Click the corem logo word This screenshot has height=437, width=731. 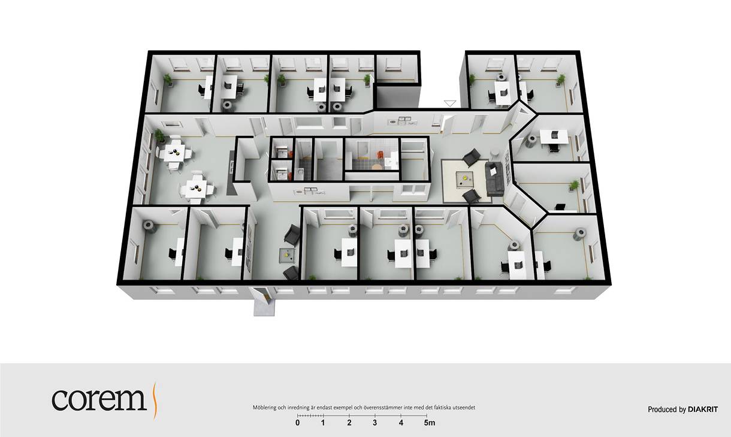tap(99, 399)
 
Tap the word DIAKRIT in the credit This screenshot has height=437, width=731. tap(703, 409)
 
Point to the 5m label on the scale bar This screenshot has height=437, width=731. tap(430, 423)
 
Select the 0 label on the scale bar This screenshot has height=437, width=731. tap(297, 423)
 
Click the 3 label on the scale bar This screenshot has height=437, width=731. tap(375, 423)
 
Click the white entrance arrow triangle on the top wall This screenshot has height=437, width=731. tap(450, 104)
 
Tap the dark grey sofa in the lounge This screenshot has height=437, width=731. tap(495, 179)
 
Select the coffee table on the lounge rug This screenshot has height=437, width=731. tap(464, 180)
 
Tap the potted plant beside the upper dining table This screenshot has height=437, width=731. tap(159, 136)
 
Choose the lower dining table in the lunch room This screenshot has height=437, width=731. tap(196, 189)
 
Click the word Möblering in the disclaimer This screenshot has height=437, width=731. tap(264, 408)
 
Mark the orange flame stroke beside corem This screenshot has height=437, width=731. tap(155, 401)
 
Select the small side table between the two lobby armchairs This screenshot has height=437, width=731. tap(287, 254)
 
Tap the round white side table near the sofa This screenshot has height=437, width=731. tap(495, 153)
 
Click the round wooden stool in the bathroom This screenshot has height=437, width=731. tap(376, 166)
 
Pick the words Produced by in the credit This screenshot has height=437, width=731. tap(667, 409)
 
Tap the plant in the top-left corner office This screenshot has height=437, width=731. tap(168, 80)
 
